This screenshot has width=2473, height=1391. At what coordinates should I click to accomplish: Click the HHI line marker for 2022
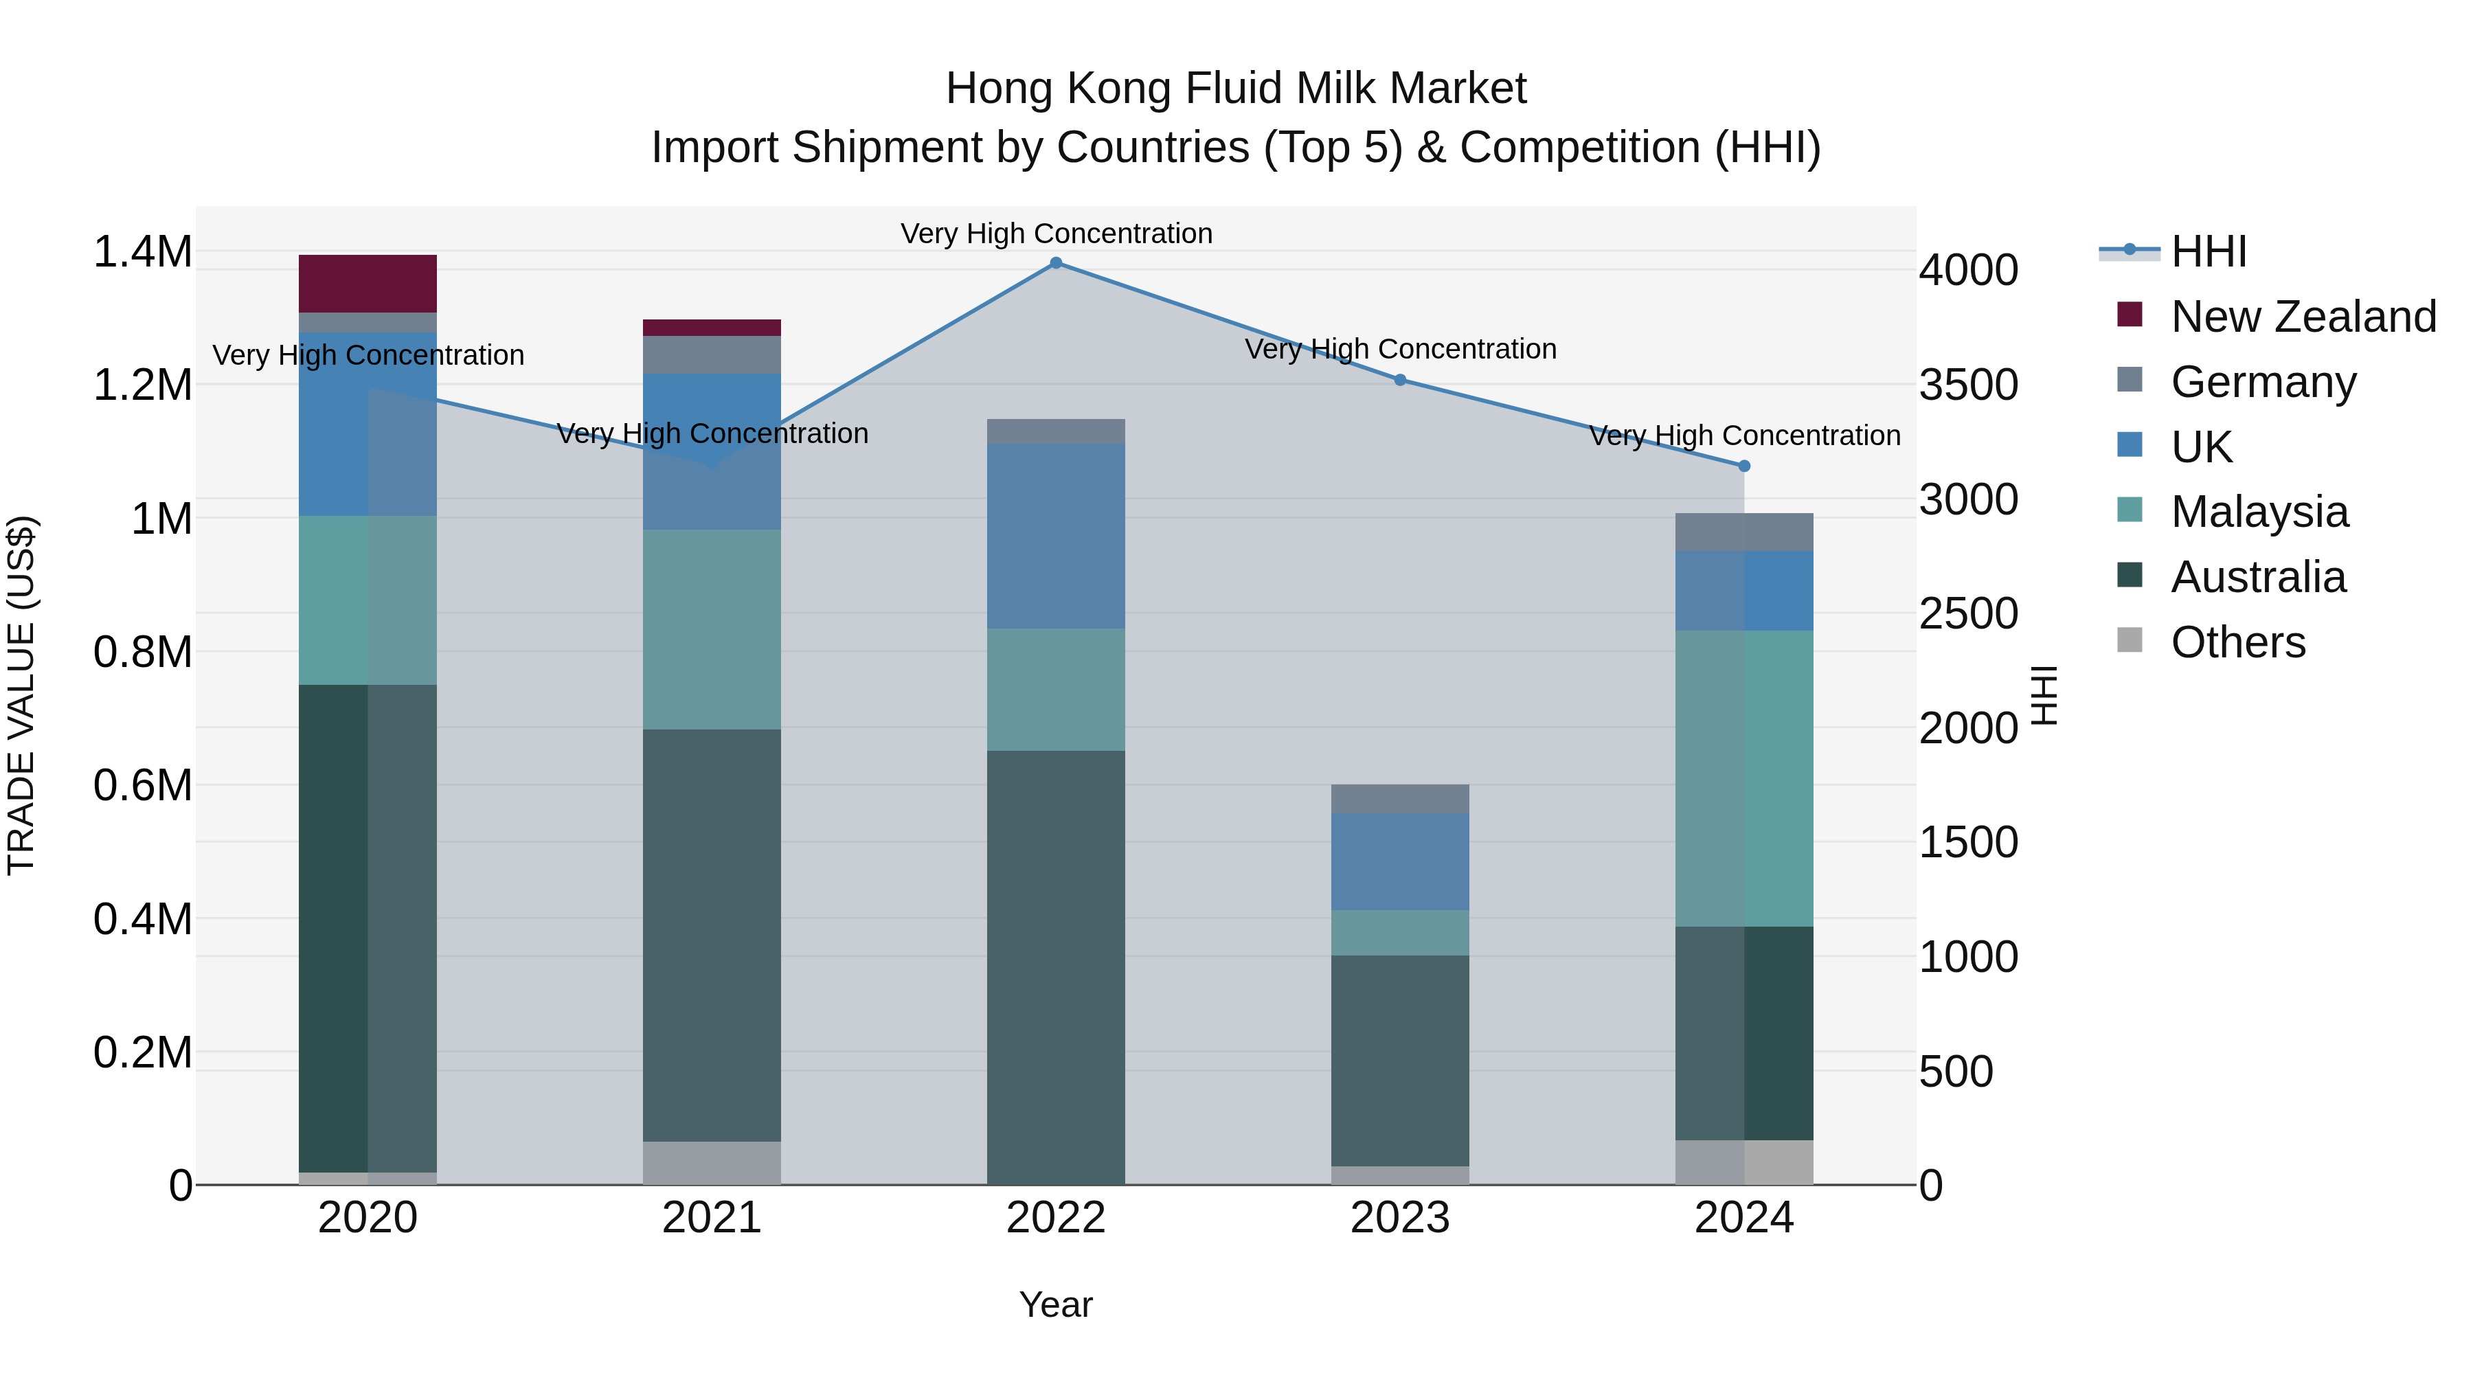[1056, 263]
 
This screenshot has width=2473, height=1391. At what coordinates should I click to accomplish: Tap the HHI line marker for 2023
[1400, 380]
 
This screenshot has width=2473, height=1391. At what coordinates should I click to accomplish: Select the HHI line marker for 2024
[1744, 466]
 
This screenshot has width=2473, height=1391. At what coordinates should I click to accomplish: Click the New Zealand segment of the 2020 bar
[368, 284]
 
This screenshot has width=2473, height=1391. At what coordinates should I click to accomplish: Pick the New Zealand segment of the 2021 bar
[712, 328]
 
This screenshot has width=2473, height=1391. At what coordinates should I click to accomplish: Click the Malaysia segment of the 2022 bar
[1056, 689]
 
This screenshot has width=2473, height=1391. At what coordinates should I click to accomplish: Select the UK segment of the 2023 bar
[1400, 861]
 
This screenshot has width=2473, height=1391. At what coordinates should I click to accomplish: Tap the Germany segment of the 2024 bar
[1744, 532]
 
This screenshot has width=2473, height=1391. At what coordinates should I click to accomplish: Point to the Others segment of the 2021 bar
[712, 1162]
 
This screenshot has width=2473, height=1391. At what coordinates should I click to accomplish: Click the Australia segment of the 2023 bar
[1400, 1060]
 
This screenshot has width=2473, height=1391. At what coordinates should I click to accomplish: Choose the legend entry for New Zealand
[2302, 317]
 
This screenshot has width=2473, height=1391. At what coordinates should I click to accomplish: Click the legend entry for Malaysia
[2259, 512]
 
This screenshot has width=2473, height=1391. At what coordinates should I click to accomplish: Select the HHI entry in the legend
[2208, 251]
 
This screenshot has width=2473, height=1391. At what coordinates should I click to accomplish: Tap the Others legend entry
[2237, 642]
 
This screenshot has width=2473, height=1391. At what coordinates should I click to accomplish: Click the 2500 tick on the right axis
[1968, 614]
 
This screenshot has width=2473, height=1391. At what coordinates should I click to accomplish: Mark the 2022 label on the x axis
[1056, 1218]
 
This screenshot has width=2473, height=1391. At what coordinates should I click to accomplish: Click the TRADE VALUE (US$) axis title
[21, 695]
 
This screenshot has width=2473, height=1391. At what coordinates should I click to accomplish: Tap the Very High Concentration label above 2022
[1056, 234]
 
